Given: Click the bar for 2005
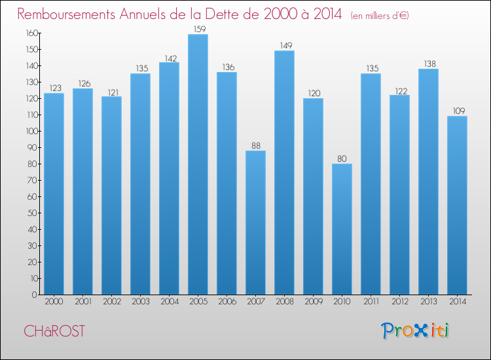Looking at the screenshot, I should coord(198,164).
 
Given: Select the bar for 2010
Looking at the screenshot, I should coord(342,229).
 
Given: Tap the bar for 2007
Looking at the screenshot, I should coord(255,223).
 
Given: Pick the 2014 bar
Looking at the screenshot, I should coord(457,206).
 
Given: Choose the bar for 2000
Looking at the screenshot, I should coord(54,194).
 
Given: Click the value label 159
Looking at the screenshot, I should coord(198,29).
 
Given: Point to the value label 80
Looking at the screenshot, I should coord(342,158).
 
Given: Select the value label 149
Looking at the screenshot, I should coord(284,46).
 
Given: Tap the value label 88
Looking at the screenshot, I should coord(255,145).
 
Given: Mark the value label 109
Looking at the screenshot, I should coord(457,111).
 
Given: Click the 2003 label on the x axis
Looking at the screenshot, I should coord(140,302).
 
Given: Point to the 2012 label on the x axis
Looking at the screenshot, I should coord(399,302).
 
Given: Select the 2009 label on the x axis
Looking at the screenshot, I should coord(313,302).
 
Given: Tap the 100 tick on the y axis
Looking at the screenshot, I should coord(29,131).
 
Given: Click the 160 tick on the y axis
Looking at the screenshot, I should coord(29,33).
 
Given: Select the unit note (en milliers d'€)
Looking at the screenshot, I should coord(380,15).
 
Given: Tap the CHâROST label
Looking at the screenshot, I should coord(54,331).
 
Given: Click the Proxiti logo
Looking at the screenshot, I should coord(414,331).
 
